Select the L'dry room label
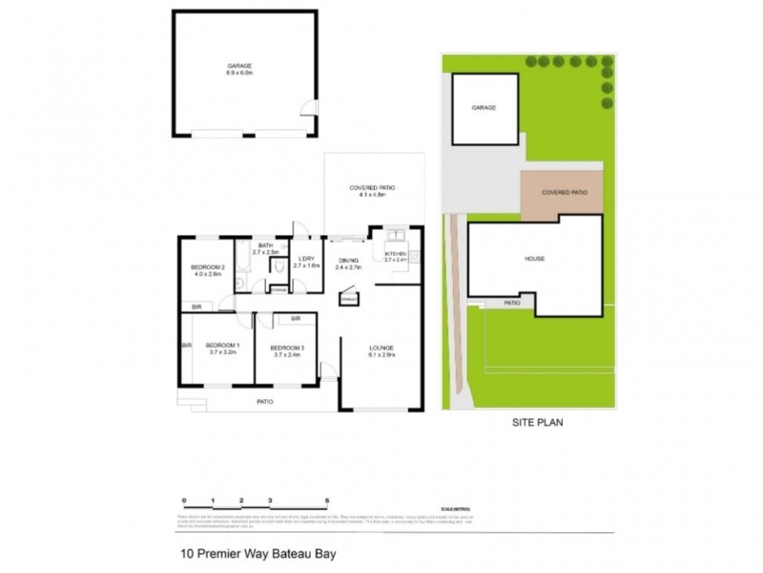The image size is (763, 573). tap(305, 263)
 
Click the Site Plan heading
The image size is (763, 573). tap(528, 421)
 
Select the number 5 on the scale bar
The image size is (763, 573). tap(326, 500)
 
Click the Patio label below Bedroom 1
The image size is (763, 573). tap(264, 402)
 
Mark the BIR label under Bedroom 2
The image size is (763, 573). tap(196, 308)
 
